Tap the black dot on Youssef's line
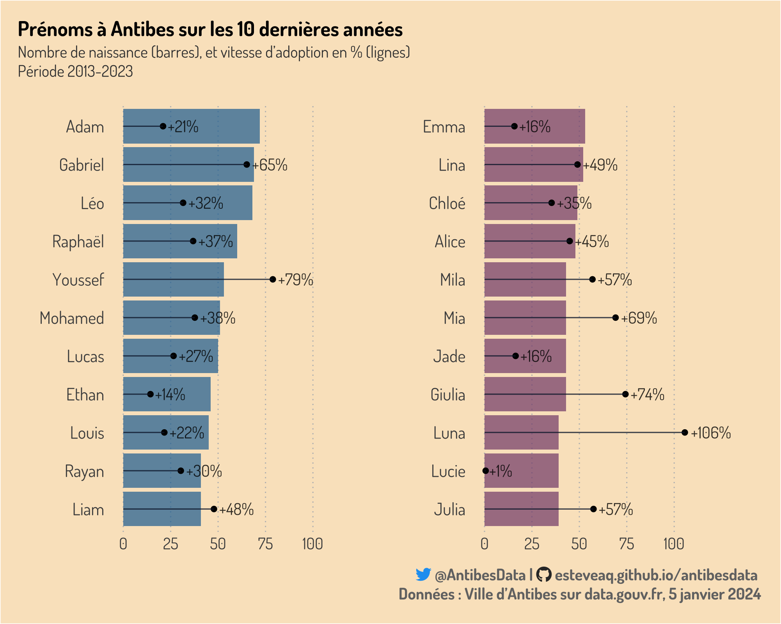coord(273,279)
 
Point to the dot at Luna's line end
coord(685,432)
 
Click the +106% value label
coord(711,433)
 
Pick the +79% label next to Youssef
coord(296,280)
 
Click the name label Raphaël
coord(78,242)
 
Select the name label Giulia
coord(448,395)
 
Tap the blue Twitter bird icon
coord(423,574)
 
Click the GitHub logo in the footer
coord(543,574)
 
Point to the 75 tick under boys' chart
coord(265,544)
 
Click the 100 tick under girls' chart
coord(674,544)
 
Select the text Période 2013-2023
coord(75,71)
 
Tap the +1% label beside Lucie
coord(501,471)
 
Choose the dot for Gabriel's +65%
coord(247,164)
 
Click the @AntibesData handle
coord(480,575)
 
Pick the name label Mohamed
coord(72,318)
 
